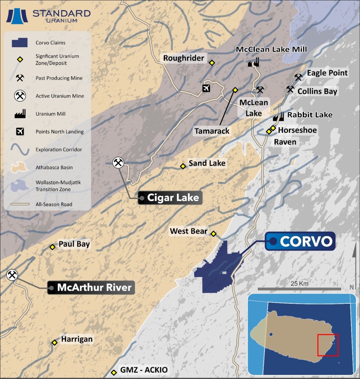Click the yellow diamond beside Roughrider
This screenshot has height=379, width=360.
pyautogui.click(x=212, y=62)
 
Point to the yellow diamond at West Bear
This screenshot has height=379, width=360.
pyautogui.click(x=214, y=234)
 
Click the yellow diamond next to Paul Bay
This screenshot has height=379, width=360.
pyautogui.click(x=52, y=247)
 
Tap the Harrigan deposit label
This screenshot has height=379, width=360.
pyautogui.click(x=76, y=339)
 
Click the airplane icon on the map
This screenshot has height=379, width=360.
pyautogui.click(x=206, y=88)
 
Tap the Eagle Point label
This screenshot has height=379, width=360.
pyautogui.click(x=327, y=73)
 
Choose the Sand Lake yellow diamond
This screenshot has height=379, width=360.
pyautogui.click(x=183, y=166)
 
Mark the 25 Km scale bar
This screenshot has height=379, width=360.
pyautogui.click(x=299, y=289)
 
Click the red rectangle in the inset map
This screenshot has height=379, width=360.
pyautogui.click(x=328, y=345)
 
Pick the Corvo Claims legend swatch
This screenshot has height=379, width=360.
pyautogui.click(x=20, y=42)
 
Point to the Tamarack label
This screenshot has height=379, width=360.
pyautogui.click(x=212, y=131)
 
